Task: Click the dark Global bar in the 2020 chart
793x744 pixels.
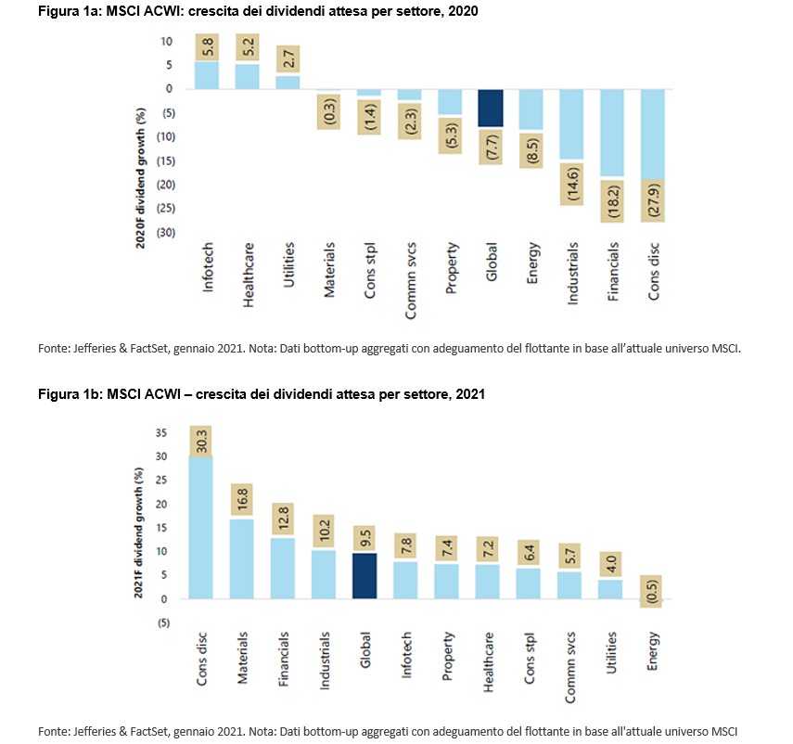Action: tap(491, 108)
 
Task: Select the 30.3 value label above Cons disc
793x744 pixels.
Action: tap(201, 441)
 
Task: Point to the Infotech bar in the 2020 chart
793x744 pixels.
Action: tap(206, 75)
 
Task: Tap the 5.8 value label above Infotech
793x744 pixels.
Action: tap(206, 46)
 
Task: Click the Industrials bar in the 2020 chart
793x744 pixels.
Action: tap(572, 124)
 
